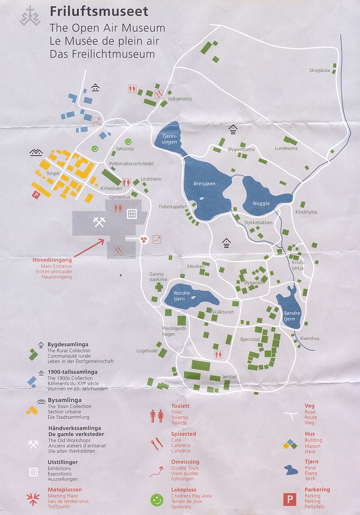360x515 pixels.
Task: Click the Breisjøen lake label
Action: click(x=204, y=184)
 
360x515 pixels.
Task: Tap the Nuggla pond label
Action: click(x=261, y=203)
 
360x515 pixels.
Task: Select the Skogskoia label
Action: click(x=319, y=70)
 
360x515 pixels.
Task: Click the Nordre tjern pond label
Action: click(x=182, y=296)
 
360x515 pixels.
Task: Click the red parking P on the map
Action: click(x=35, y=194)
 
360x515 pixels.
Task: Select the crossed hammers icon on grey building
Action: click(x=99, y=222)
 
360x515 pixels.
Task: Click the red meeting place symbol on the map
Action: click(x=144, y=240)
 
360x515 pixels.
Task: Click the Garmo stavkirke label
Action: click(x=158, y=277)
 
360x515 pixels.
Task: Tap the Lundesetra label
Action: click(x=286, y=149)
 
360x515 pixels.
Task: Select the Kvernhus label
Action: click(x=310, y=338)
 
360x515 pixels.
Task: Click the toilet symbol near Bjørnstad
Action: click(x=219, y=354)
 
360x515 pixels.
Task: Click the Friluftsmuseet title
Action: click(x=99, y=11)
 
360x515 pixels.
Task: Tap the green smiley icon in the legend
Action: click(x=157, y=499)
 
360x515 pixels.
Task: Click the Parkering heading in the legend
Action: click(x=317, y=489)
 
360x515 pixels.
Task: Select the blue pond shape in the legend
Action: click(x=290, y=470)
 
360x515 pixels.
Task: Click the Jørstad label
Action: click(x=229, y=377)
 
